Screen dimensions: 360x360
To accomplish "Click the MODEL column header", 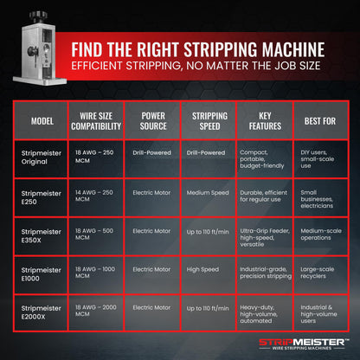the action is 42,121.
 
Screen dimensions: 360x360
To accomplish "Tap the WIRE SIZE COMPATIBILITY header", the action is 96,121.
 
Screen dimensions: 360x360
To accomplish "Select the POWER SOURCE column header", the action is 153,121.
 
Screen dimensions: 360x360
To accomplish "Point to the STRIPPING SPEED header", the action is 209,121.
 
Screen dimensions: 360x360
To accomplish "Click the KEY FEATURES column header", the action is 265,121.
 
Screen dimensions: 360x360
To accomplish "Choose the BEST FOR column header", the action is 320,121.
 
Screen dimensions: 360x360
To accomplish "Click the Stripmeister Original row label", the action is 42,157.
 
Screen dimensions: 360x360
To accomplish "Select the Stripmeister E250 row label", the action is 41,197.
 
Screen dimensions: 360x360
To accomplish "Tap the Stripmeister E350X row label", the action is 41,235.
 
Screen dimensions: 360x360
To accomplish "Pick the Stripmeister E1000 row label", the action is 41,274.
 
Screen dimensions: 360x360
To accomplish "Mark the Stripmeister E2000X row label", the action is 41,312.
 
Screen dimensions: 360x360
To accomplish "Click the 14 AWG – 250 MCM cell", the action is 94,196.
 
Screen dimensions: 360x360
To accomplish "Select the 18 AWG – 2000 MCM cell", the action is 96,311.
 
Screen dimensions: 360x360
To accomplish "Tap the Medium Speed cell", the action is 208,193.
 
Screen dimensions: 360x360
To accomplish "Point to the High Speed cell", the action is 202,269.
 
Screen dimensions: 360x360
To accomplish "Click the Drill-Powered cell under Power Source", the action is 151,152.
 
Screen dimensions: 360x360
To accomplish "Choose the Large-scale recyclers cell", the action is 318,273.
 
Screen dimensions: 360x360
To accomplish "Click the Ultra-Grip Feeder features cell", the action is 265,237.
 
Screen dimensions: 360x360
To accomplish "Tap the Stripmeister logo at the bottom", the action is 302,344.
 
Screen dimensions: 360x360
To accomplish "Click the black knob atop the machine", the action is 39,16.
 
